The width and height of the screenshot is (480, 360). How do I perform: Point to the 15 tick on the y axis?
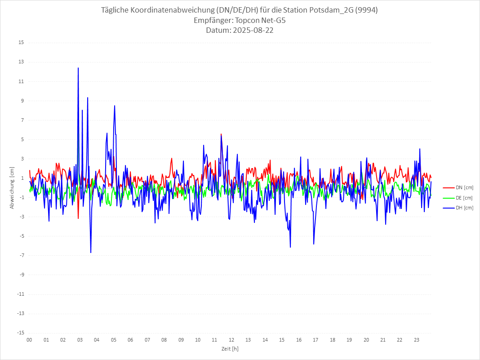(x=21, y=43)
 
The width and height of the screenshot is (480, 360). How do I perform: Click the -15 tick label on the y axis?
(x=20, y=333)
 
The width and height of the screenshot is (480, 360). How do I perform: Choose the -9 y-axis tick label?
(x=22, y=275)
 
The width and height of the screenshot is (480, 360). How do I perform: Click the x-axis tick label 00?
(x=29, y=340)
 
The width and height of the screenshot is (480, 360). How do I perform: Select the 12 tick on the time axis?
(x=231, y=340)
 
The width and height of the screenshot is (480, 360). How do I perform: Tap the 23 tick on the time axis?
(x=417, y=340)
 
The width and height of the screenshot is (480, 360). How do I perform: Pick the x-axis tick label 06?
(x=130, y=340)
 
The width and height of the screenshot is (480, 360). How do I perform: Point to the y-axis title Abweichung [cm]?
(x=12, y=187)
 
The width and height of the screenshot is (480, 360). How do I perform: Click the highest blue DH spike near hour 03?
(x=78, y=68)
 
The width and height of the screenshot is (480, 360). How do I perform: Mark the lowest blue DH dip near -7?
(x=91, y=252)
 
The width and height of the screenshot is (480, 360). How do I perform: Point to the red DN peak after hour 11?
(x=221, y=134)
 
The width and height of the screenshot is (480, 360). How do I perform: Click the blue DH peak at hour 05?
(x=115, y=106)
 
